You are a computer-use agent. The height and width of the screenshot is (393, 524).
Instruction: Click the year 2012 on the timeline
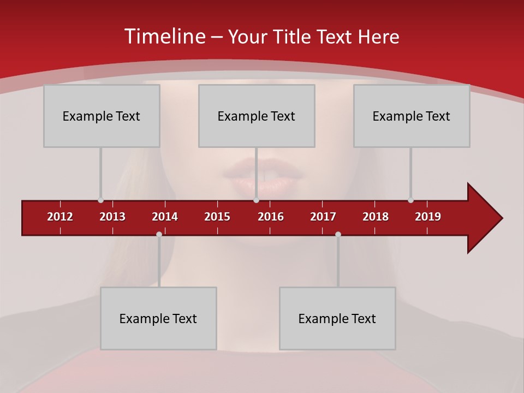click(x=60, y=217)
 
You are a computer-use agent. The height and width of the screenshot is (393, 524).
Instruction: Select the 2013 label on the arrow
click(x=112, y=217)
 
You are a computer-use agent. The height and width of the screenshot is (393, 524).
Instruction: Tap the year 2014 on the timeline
click(x=165, y=217)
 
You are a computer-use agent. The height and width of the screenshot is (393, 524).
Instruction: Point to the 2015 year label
click(x=217, y=217)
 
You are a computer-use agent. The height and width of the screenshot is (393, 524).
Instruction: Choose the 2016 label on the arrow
click(x=271, y=217)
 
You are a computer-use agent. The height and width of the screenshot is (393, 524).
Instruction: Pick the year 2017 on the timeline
click(x=323, y=217)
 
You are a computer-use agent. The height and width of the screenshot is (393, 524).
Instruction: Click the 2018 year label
click(x=376, y=217)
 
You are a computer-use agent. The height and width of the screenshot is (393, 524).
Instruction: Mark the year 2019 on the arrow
click(x=428, y=217)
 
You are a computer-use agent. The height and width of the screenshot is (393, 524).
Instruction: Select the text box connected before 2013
click(x=102, y=116)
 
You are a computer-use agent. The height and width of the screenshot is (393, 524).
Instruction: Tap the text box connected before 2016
click(x=257, y=116)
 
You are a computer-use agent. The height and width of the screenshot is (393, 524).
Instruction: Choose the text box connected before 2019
click(x=412, y=116)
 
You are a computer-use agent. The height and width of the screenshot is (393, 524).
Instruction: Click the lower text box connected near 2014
click(x=158, y=318)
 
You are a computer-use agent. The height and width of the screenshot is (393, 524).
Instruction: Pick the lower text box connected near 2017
click(x=337, y=318)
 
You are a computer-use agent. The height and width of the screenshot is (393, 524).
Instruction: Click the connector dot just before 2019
click(x=410, y=200)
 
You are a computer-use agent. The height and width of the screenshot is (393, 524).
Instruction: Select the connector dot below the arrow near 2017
click(x=338, y=235)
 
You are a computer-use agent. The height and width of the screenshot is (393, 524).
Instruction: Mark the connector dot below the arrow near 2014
click(x=159, y=235)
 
